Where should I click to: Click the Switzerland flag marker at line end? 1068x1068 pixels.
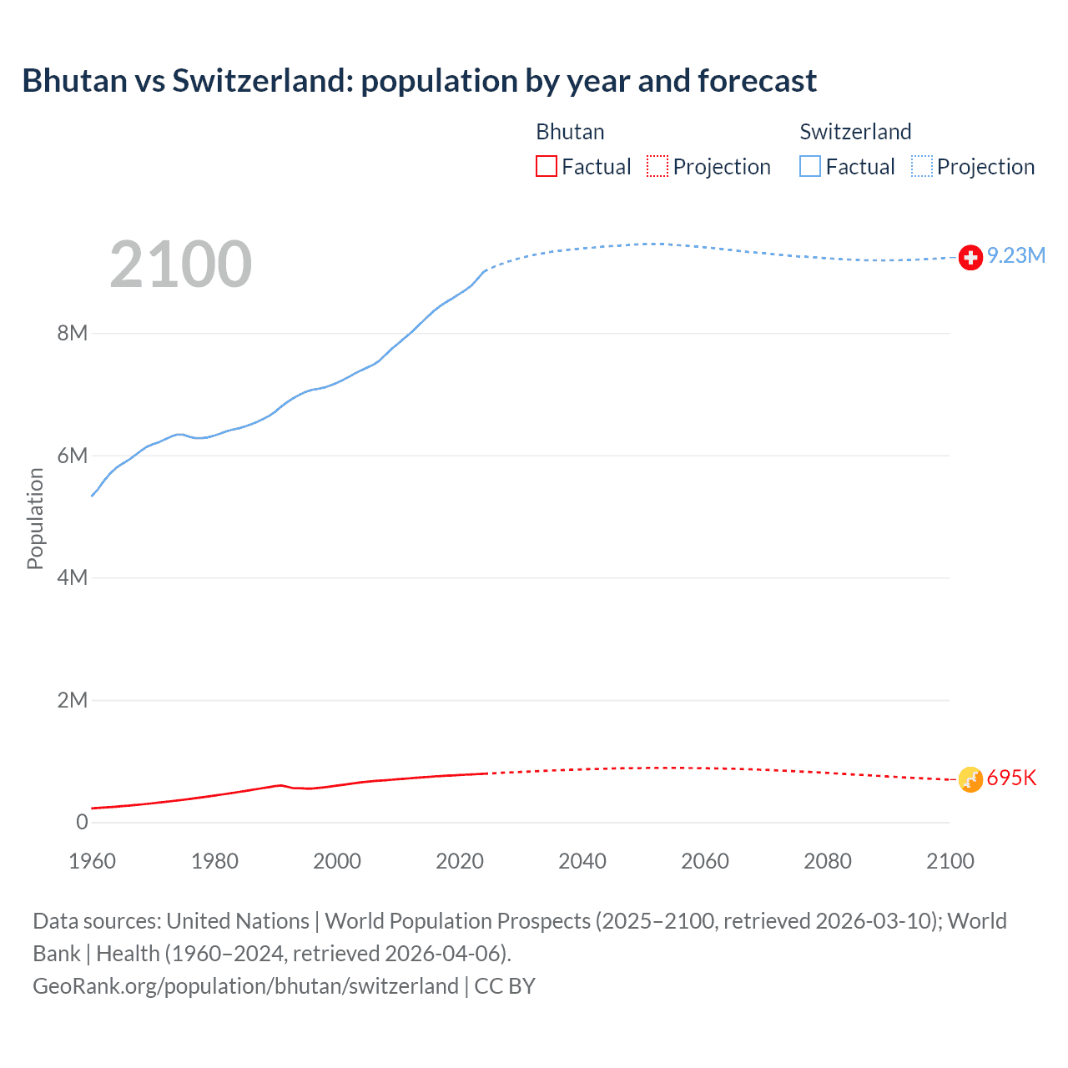(x=970, y=258)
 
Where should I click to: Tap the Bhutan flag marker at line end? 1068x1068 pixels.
(x=970, y=779)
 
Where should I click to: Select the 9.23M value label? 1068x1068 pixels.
(x=1016, y=256)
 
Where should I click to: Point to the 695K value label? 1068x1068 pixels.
(x=1011, y=778)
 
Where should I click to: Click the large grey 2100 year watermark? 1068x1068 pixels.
(x=180, y=264)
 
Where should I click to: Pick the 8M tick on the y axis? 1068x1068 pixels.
(x=73, y=334)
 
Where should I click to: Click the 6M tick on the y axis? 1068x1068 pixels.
(x=73, y=456)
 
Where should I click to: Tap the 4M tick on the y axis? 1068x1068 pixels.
(x=73, y=578)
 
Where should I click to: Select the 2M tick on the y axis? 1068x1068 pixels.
(x=73, y=700)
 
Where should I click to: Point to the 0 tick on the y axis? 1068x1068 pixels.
(x=82, y=823)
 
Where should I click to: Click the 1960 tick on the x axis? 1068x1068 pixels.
(x=92, y=861)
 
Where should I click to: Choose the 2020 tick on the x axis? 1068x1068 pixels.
(x=460, y=861)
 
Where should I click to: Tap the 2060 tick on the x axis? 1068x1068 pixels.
(x=705, y=861)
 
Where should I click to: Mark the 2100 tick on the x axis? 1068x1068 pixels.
(x=950, y=861)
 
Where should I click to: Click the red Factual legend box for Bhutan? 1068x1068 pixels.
(x=547, y=167)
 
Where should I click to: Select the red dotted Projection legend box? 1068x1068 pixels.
(x=657, y=167)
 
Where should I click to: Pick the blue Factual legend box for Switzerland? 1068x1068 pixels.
(x=810, y=167)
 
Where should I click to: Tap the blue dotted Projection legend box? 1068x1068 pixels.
(x=921, y=167)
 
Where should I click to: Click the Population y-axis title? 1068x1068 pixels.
(x=35, y=518)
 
